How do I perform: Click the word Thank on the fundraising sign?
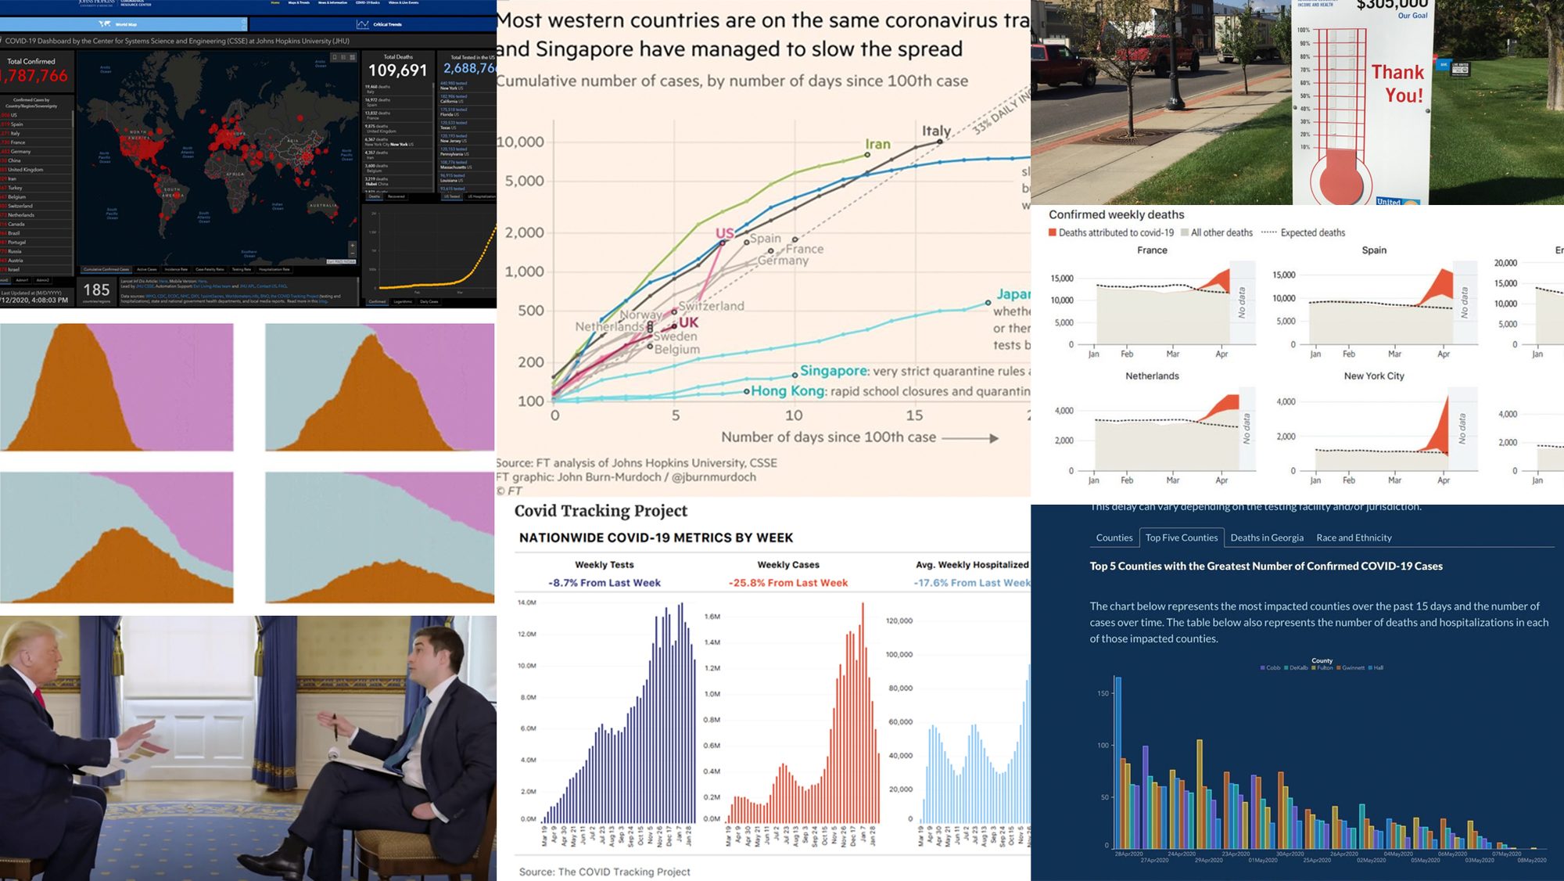pos(1397,73)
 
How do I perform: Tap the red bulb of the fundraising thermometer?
pos(1341,177)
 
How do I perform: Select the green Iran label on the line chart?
pos(877,144)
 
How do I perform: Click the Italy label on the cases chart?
pos(936,131)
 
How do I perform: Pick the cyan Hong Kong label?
pos(787,391)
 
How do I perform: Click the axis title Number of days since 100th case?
pos(828,437)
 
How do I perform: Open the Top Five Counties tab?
pos(1181,538)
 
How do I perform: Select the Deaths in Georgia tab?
pos(1266,538)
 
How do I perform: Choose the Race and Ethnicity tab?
pos(1354,538)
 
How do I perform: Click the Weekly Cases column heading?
pos(787,564)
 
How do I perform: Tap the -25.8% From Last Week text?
pos(787,583)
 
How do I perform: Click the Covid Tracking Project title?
pos(601,511)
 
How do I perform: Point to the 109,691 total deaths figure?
pos(397,70)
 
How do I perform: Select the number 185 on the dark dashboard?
pos(96,289)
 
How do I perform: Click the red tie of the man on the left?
pos(39,696)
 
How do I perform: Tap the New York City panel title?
pos(1373,376)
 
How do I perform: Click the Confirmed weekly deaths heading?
pos(1116,214)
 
